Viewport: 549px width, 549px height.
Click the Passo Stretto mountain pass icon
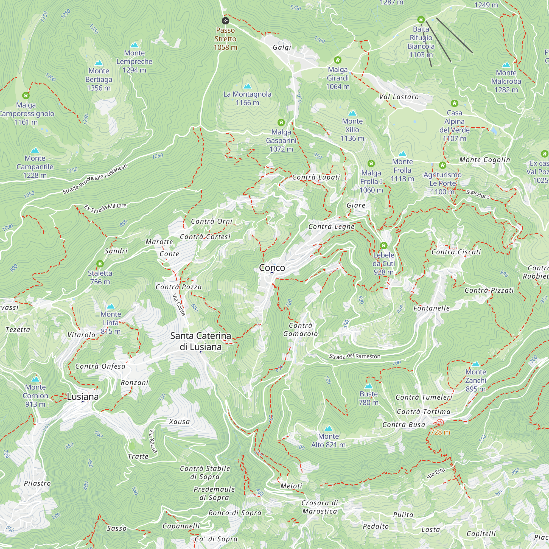[225, 21]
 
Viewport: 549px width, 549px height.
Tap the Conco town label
[272, 268]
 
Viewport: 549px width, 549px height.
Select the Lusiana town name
[83, 397]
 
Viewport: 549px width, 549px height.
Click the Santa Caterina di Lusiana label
[200, 341]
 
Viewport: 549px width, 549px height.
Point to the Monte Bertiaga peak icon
[99, 63]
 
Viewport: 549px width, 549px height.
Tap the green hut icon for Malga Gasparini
[281, 122]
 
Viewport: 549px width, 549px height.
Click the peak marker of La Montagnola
[247, 86]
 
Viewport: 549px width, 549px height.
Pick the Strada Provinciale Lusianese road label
[95, 179]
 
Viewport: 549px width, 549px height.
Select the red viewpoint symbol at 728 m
[440, 423]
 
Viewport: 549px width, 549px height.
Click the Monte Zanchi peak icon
[476, 364]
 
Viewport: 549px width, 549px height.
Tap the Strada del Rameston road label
[354, 356]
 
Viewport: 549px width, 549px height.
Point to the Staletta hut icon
[100, 264]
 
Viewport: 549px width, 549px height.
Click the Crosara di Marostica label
[320, 507]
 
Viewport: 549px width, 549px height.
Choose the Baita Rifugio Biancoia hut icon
[421, 19]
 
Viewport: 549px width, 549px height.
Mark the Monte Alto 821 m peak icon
[328, 428]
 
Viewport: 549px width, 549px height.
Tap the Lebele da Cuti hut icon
[384, 245]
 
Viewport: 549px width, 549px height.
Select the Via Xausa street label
[153, 441]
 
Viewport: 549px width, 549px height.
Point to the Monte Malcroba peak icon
[506, 65]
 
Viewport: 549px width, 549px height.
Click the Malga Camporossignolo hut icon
[26, 95]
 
